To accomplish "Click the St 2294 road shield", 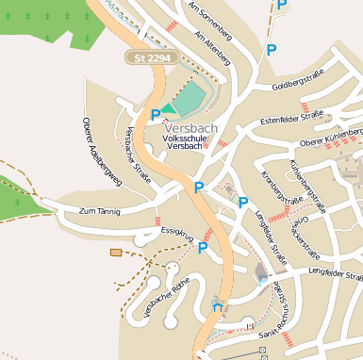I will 152,58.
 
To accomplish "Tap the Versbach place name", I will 191,128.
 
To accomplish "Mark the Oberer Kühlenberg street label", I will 331,138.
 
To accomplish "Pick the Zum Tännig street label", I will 101,211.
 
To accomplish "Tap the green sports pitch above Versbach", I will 190,98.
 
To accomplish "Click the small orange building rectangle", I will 116,252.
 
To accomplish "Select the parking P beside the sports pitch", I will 156,114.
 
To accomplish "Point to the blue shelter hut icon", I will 219,303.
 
